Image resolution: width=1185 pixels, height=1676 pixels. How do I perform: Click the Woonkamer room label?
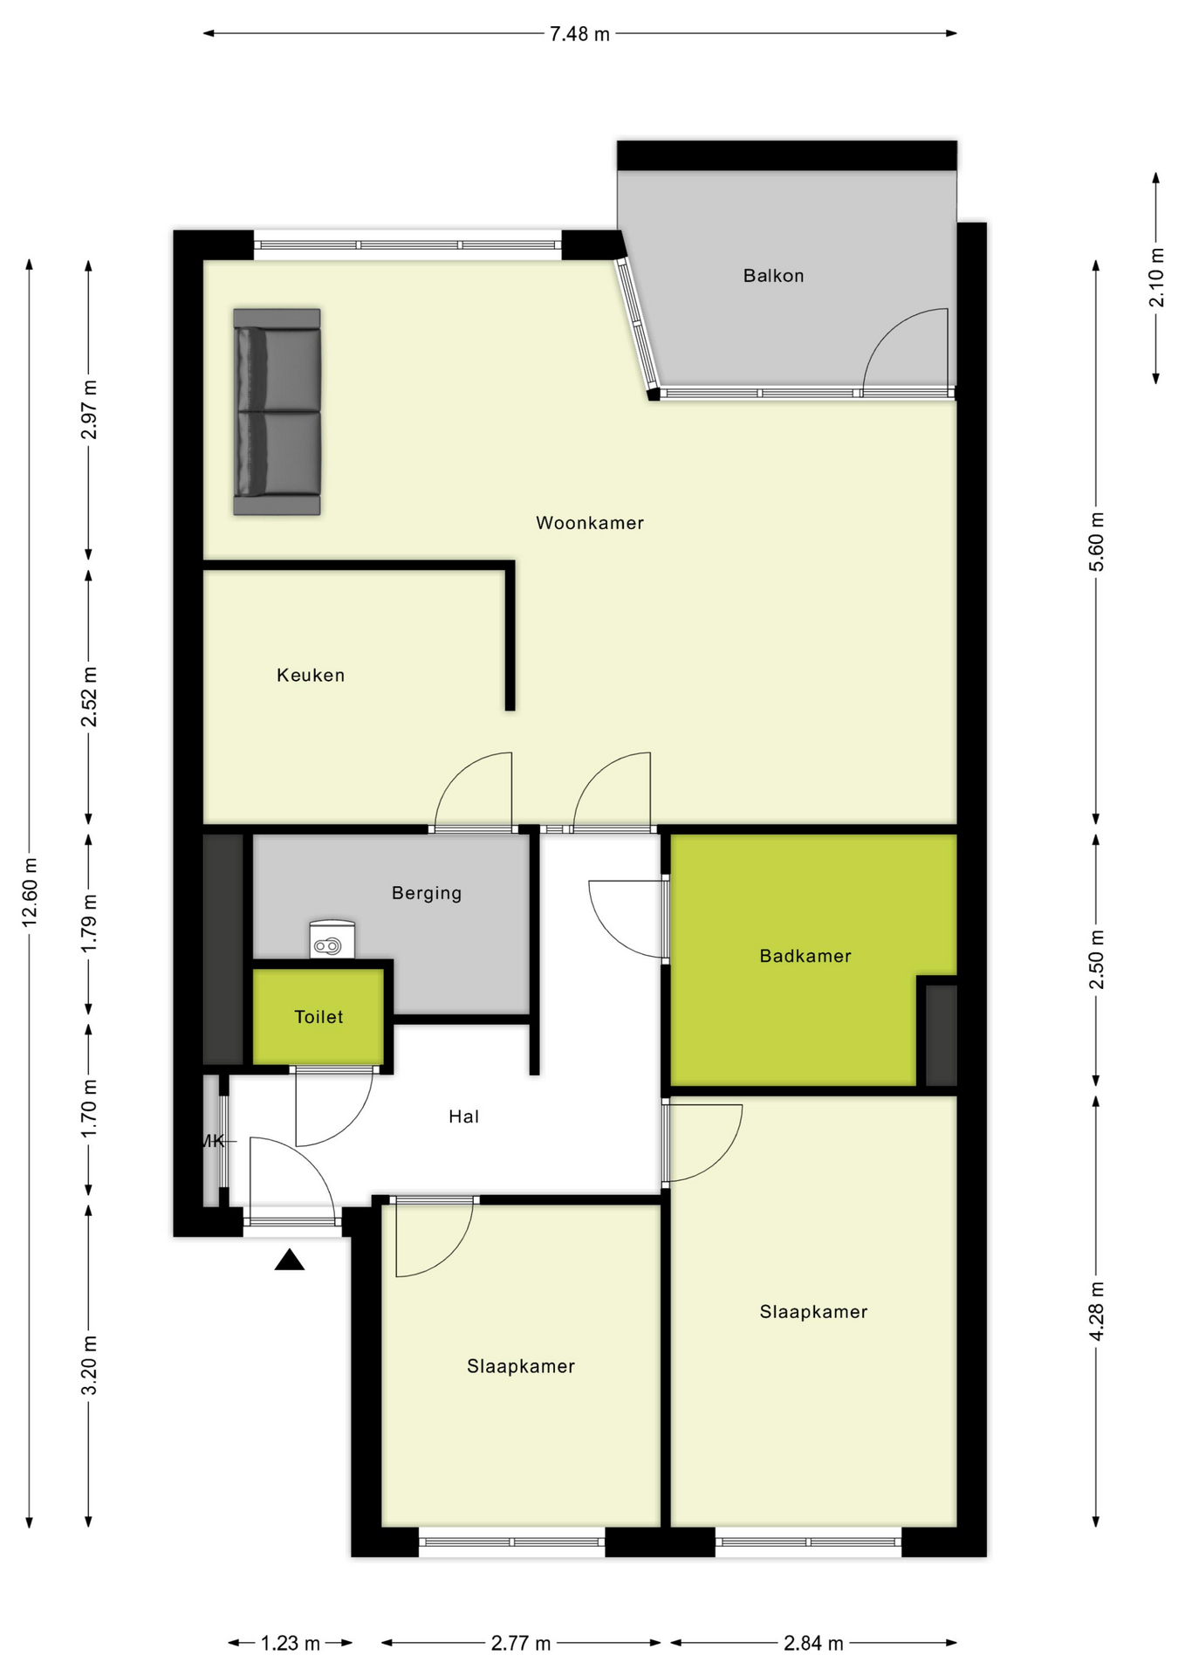pos(589,523)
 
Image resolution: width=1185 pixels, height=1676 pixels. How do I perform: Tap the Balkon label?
pos(773,276)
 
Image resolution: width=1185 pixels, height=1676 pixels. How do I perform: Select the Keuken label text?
pos(311,675)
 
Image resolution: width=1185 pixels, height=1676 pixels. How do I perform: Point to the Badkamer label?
pos(805,956)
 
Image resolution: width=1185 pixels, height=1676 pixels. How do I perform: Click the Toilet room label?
pos(319,1017)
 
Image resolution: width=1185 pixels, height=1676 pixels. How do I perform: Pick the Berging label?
pos(426,893)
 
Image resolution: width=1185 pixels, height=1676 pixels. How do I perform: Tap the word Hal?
pos(463,1116)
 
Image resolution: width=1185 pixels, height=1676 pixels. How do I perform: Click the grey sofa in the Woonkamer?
pos(277,411)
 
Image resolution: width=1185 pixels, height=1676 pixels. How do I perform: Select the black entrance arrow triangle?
pos(290,1260)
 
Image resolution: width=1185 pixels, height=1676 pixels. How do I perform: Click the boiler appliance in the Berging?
pos(332,940)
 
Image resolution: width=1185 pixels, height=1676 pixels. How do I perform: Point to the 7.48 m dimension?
pos(579,34)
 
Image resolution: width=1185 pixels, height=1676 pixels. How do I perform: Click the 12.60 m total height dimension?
pos(31,890)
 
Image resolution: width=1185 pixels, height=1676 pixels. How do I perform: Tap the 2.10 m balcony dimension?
pos(1156,278)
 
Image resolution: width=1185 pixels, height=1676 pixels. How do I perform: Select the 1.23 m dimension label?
pos(291,1644)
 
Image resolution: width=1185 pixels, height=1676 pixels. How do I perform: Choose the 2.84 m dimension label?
pos(813,1644)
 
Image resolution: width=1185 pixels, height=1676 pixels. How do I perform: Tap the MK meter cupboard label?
pos(212,1141)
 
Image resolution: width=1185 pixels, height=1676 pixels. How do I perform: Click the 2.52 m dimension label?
pos(89,696)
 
